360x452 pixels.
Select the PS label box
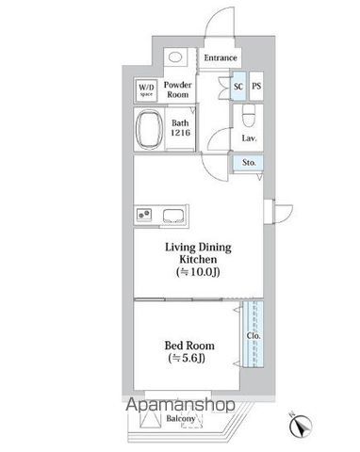tap(255, 87)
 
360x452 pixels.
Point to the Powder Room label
tap(180, 89)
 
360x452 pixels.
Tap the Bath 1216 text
tap(181, 128)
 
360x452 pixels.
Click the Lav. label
tap(249, 138)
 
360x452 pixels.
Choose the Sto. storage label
tap(249, 163)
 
